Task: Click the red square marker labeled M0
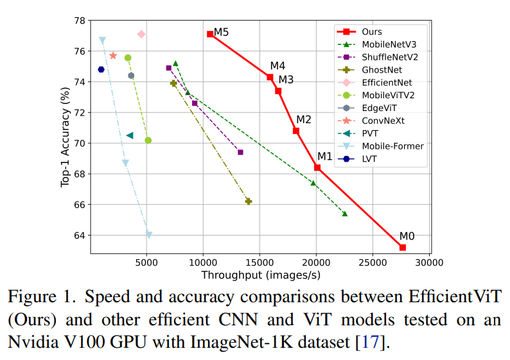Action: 403,247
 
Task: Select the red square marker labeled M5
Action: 210,34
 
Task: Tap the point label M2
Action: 303,119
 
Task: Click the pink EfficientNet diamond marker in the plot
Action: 141,34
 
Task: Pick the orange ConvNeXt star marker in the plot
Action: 113,56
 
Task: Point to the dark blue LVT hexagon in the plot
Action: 101,69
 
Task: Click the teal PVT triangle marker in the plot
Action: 129,135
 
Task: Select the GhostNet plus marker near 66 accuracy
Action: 249,201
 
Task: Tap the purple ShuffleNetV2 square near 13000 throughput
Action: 240,152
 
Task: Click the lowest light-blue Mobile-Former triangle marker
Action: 149,235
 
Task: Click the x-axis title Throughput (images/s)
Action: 261,275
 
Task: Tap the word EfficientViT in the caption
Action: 453,298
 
